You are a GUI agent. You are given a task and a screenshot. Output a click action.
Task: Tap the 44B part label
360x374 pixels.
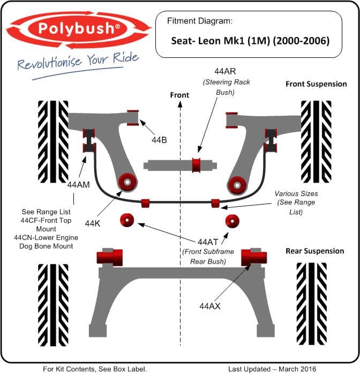point(159,140)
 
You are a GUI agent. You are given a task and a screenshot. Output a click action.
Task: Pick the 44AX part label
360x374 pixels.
point(210,306)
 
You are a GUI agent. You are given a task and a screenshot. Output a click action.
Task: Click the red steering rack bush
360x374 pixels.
point(197,165)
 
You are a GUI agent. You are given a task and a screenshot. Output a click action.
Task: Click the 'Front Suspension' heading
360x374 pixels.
point(316,84)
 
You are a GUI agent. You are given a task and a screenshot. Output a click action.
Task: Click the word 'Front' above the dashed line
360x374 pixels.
point(179,95)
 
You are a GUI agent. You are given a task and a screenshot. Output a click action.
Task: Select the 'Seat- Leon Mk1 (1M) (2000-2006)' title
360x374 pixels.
point(250,40)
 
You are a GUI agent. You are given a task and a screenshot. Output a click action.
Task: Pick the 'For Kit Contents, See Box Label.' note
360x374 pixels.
point(95,368)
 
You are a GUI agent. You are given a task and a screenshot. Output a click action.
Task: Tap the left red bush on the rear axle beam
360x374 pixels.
point(110,257)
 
